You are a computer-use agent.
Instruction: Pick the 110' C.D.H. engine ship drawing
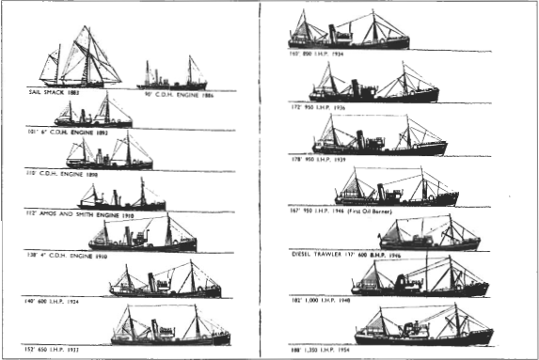tap(109, 156)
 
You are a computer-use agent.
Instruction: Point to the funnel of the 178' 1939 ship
tap(360, 139)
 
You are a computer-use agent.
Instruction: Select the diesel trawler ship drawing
tap(428, 236)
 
